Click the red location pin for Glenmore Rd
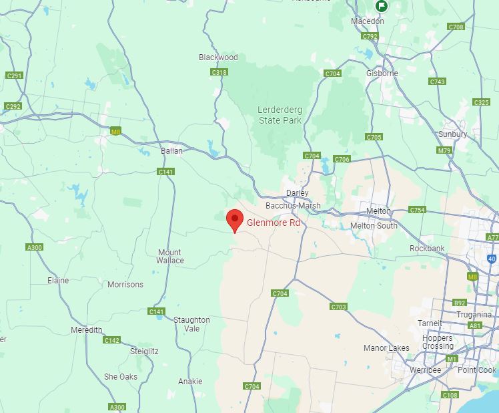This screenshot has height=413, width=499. [234, 220]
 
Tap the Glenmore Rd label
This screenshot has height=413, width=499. [274, 223]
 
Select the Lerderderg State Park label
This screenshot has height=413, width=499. [280, 115]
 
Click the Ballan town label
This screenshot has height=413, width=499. [171, 151]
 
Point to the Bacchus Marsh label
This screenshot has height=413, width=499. [293, 206]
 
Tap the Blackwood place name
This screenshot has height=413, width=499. [218, 57]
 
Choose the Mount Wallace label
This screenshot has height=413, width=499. [170, 257]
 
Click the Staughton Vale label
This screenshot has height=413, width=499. [191, 324]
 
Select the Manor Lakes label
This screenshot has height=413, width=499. [386, 348]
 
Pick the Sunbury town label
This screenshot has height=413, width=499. [452, 134]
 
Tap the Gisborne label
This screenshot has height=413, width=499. [382, 74]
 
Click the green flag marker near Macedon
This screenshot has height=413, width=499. [381, 6]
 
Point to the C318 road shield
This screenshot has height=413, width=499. [219, 72]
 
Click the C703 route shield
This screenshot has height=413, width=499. [338, 307]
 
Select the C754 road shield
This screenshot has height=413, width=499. [417, 210]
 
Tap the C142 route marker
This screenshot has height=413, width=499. [111, 340]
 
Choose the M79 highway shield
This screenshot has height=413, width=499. [444, 150]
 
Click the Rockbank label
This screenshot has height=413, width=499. [427, 249]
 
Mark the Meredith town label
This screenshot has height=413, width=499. [87, 330]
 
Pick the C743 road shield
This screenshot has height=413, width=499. [437, 82]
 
